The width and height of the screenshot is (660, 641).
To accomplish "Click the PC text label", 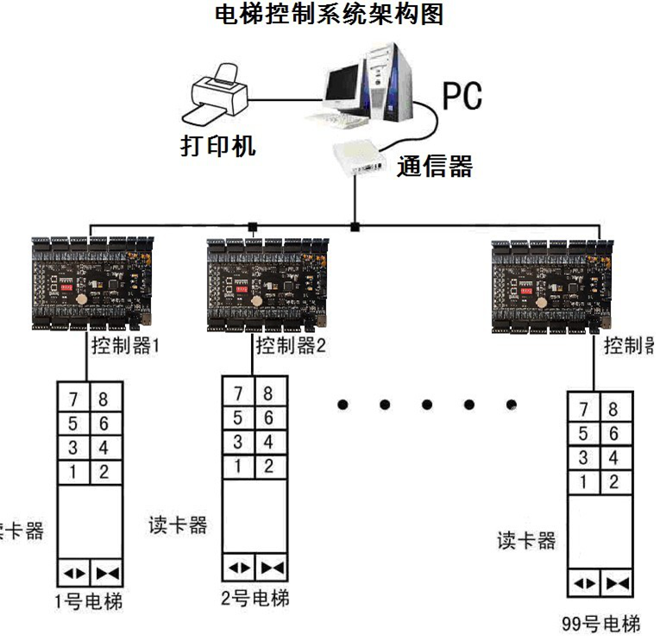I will point(462,97).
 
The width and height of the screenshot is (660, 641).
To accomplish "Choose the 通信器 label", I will point(435,166).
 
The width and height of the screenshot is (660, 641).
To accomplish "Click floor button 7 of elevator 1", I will point(72,399).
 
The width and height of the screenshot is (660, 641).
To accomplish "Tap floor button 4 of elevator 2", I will point(268,442).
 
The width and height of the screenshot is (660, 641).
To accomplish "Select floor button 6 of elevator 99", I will point(613,433).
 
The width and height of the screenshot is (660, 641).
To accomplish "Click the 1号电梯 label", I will point(88,601).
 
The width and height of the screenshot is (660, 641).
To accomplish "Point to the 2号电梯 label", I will point(255,597).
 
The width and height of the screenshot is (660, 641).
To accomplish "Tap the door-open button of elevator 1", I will point(72,572).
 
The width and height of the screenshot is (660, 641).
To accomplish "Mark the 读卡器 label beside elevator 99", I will point(527,540).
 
